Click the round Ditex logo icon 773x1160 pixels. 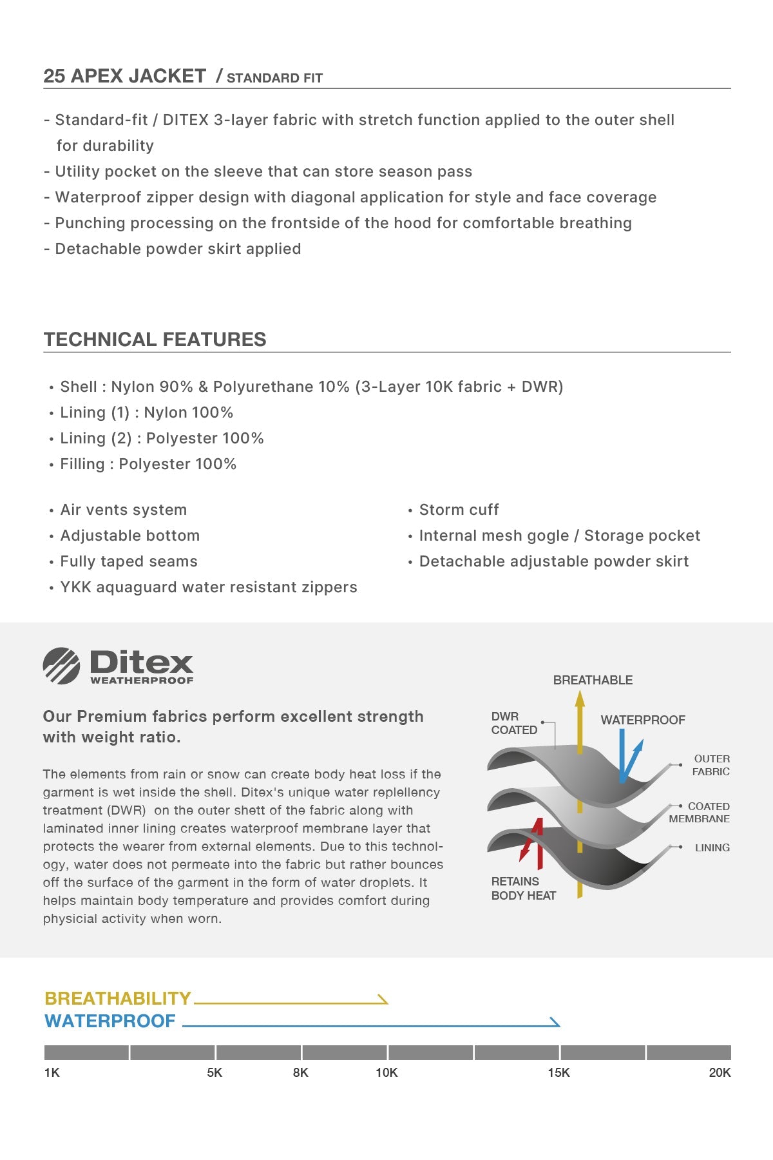click(61, 666)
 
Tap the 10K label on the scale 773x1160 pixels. click(386, 1073)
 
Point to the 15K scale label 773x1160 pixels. click(558, 1073)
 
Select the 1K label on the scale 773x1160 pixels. click(52, 1073)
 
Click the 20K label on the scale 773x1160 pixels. click(720, 1073)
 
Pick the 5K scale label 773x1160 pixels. click(215, 1073)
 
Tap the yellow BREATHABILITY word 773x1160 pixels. click(118, 998)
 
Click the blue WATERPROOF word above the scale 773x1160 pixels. click(110, 1021)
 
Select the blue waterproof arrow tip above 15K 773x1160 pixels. click(556, 1023)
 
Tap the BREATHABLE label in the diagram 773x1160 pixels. click(593, 680)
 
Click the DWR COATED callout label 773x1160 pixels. click(514, 723)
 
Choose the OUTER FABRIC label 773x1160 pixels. click(711, 765)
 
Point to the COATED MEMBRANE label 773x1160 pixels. click(700, 813)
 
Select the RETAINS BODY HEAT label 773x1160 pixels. click(523, 888)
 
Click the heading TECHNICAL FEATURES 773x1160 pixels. click(155, 340)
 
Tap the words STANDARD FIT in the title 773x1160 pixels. click(274, 79)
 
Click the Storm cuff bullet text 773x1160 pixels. click(459, 510)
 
